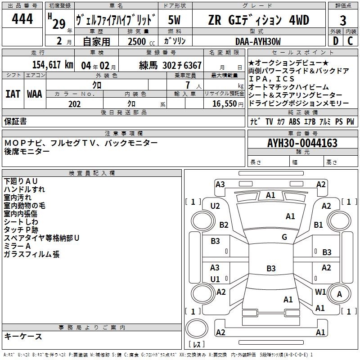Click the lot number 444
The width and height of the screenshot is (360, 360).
coord(22,18)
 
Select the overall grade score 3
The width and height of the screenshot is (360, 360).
coord(343,20)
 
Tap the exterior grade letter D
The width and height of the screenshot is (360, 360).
coord(336,41)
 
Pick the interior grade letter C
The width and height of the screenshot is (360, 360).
coord(350,41)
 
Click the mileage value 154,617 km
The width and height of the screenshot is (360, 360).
coord(53,65)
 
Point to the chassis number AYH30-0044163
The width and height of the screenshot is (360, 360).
coord(302,143)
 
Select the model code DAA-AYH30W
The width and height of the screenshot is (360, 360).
coord(258,41)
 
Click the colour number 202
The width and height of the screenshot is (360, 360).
coord(74,104)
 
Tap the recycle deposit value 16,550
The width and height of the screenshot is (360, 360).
coord(225,104)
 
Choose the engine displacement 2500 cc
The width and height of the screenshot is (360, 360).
coord(141,41)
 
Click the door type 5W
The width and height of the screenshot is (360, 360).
coord(174,20)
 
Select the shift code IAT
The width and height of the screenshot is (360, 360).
coord(13,94)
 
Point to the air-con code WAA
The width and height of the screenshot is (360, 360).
coord(35,94)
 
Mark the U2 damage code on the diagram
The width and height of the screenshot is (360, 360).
coord(215,206)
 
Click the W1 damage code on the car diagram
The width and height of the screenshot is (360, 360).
coord(320,292)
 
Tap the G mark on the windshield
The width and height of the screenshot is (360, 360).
coord(284,237)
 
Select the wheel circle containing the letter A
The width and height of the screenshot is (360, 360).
coord(339,294)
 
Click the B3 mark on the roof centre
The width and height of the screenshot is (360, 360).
coord(271,268)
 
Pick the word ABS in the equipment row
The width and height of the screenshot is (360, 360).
coord(294,121)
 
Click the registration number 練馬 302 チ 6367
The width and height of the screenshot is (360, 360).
coord(171,65)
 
